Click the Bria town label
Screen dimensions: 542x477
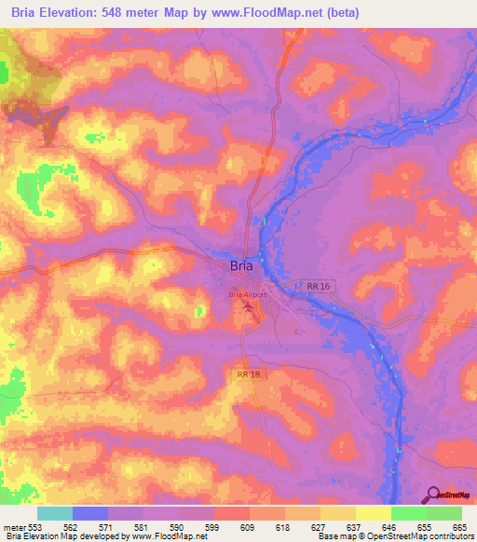point(240,265)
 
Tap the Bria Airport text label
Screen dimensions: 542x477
point(247,294)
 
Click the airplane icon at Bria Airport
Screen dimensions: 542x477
point(247,305)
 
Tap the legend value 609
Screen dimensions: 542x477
point(249,527)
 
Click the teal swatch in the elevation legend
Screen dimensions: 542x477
point(55,513)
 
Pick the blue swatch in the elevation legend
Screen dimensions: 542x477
point(90,513)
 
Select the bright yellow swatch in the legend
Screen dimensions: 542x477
point(373,513)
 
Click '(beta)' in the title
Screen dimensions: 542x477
point(338,13)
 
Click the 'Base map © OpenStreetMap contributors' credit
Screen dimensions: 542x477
point(395,537)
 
